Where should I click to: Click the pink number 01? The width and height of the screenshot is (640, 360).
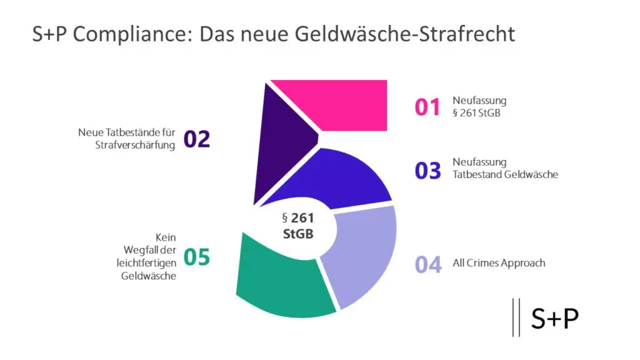tap(428, 107)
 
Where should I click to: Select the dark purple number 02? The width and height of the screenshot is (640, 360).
tap(196, 139)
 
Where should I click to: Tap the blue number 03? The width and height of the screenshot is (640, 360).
tap(428, 170)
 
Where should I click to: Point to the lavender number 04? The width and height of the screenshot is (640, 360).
tap(428, 264)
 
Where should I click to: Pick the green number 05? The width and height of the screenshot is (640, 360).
tap(196, 257)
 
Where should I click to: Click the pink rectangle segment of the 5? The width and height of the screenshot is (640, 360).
tap(350, 104)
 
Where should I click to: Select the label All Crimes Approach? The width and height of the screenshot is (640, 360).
tap(499, 263)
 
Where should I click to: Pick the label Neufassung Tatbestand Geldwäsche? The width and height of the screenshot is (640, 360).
tap(505, 168)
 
